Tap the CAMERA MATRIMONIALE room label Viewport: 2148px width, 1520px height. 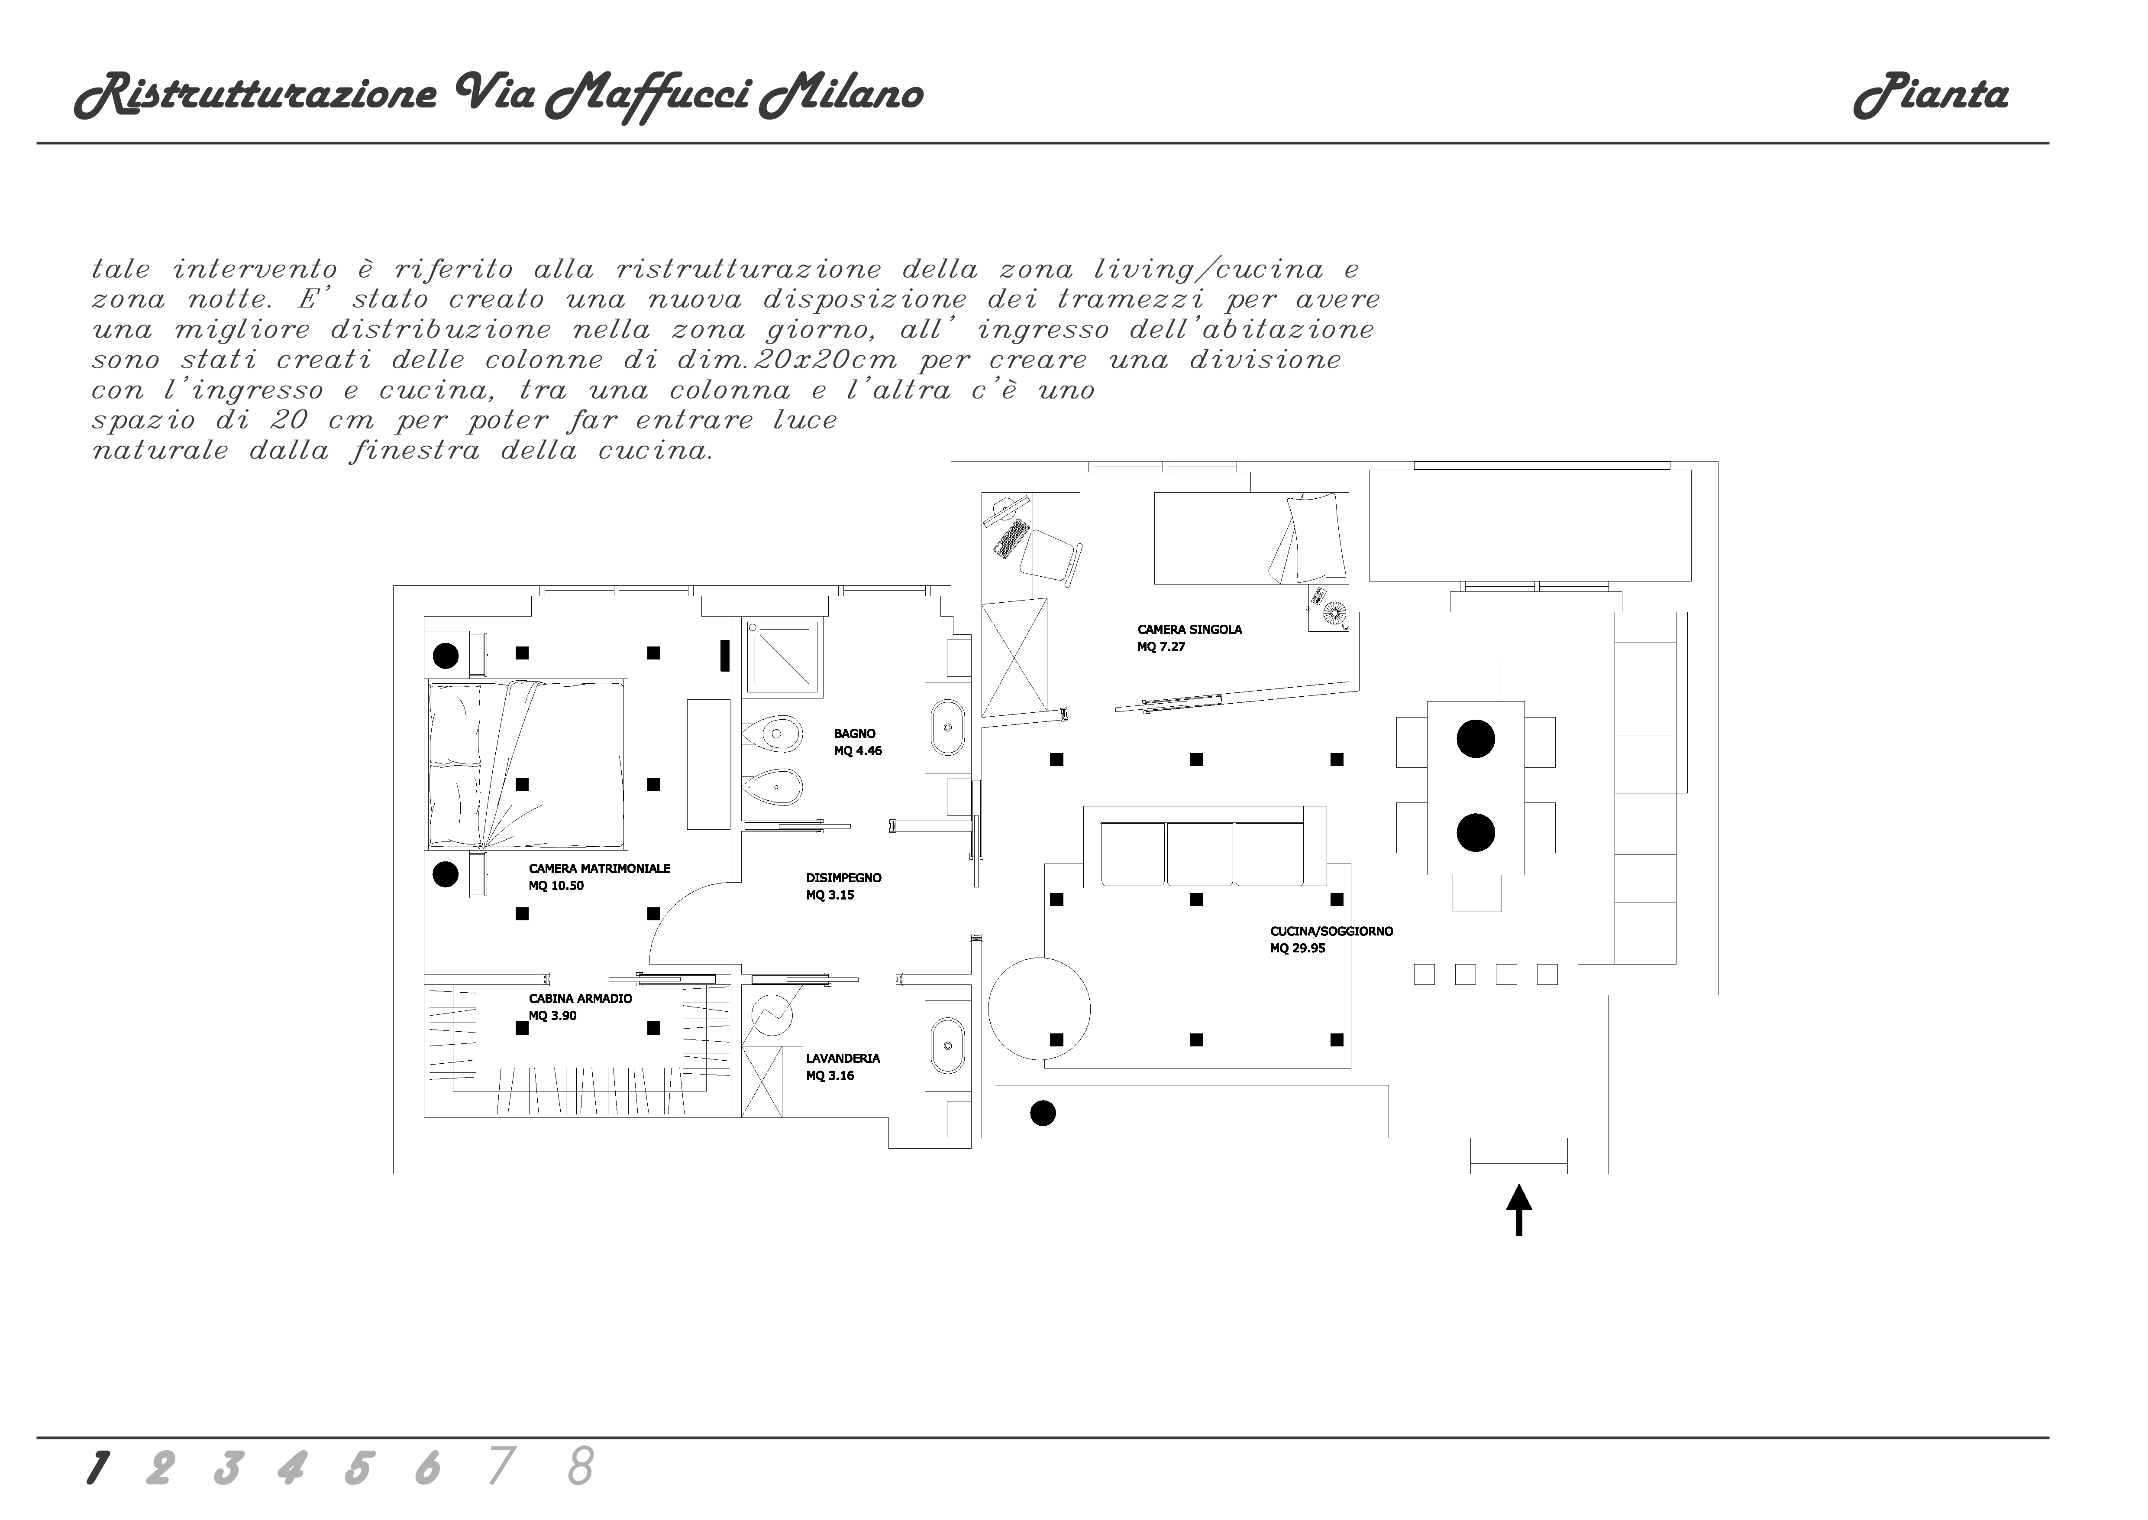[599, 869]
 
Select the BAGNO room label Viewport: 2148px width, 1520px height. [854, 734]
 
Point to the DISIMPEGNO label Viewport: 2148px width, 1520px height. [843, 878]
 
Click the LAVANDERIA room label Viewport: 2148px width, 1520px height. [842, 1059]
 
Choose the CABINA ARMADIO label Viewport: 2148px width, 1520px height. [580, 999]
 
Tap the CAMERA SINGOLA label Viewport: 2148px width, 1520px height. [1189, 630]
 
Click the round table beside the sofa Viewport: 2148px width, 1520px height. [1040, 1008]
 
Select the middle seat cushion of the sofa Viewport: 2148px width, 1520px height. [1199, 854]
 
